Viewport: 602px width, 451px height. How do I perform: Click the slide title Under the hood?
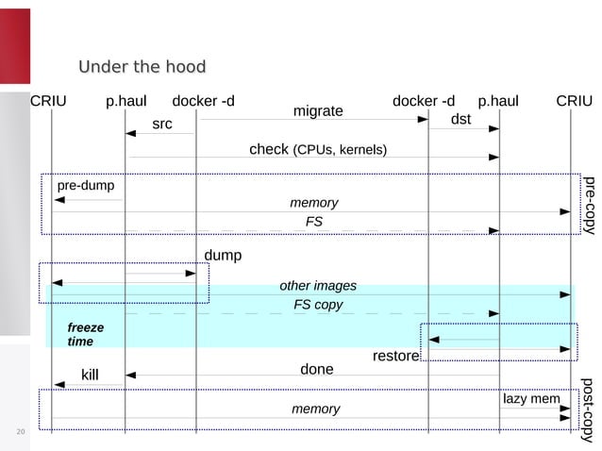pos(142,67)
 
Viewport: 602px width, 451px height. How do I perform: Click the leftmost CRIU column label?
pos(49,101)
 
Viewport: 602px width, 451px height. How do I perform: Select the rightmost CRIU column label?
pos(574,101)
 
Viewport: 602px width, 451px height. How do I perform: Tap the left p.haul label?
pos(125,101)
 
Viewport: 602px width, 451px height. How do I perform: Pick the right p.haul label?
pos(498,101)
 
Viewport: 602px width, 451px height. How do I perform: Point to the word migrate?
pos(318,111)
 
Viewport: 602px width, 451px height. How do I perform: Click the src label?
pos(162,124)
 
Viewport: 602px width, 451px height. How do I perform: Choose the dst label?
pos(460,120)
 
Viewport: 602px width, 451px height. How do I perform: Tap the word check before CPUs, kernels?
pos(268,150)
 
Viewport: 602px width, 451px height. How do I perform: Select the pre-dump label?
pos(86,186)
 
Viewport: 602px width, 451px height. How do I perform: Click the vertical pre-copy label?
pos(589,204)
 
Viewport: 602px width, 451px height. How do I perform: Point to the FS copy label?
pos(318,305)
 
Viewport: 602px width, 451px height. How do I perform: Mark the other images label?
pos(318,286)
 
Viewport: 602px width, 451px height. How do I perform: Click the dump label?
pos(223,256)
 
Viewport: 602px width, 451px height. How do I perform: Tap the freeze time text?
pos(85,334)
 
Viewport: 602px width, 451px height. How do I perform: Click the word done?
pos(317,369)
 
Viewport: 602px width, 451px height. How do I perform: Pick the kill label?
pos(90,376)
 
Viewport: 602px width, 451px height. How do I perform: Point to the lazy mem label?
pos(531,399)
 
